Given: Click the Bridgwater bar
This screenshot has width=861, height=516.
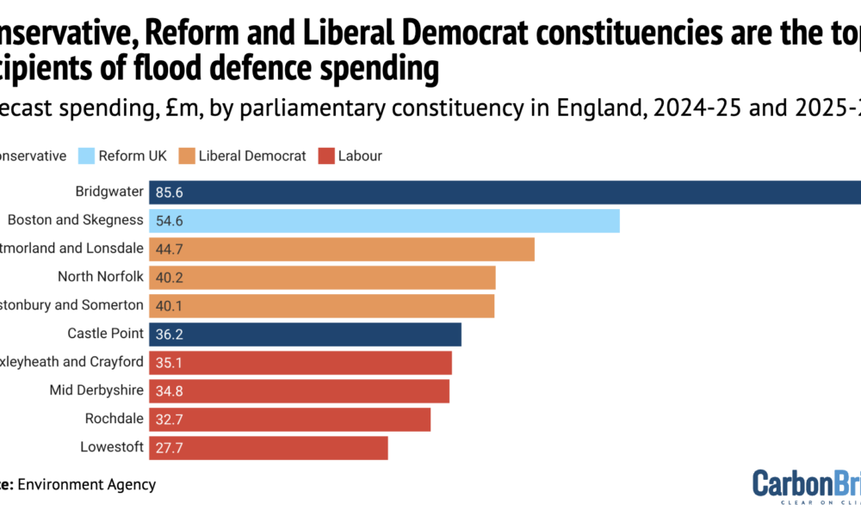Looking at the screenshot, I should [505, 193].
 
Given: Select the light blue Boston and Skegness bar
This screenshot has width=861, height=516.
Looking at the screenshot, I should [384, 221].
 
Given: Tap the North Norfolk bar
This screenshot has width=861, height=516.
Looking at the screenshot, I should [322, 277].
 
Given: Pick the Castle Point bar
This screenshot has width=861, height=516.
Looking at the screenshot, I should [305, 334].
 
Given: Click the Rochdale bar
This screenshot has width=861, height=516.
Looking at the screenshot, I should [289, 419].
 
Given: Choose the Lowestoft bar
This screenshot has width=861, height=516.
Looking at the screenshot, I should [268, 448].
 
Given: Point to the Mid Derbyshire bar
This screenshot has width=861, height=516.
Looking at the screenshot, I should [299, 391].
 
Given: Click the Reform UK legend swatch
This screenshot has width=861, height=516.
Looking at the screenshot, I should [85, 156].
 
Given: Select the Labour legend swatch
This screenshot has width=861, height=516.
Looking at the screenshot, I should [325, 156].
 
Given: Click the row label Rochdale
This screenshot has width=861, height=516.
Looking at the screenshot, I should [114, 419].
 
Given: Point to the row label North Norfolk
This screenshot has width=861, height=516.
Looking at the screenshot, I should [100, 277].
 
